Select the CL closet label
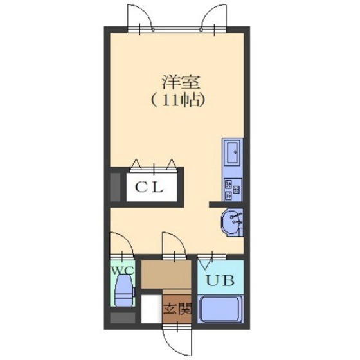152,188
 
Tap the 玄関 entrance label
177,309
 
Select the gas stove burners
231,188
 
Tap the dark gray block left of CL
116,187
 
